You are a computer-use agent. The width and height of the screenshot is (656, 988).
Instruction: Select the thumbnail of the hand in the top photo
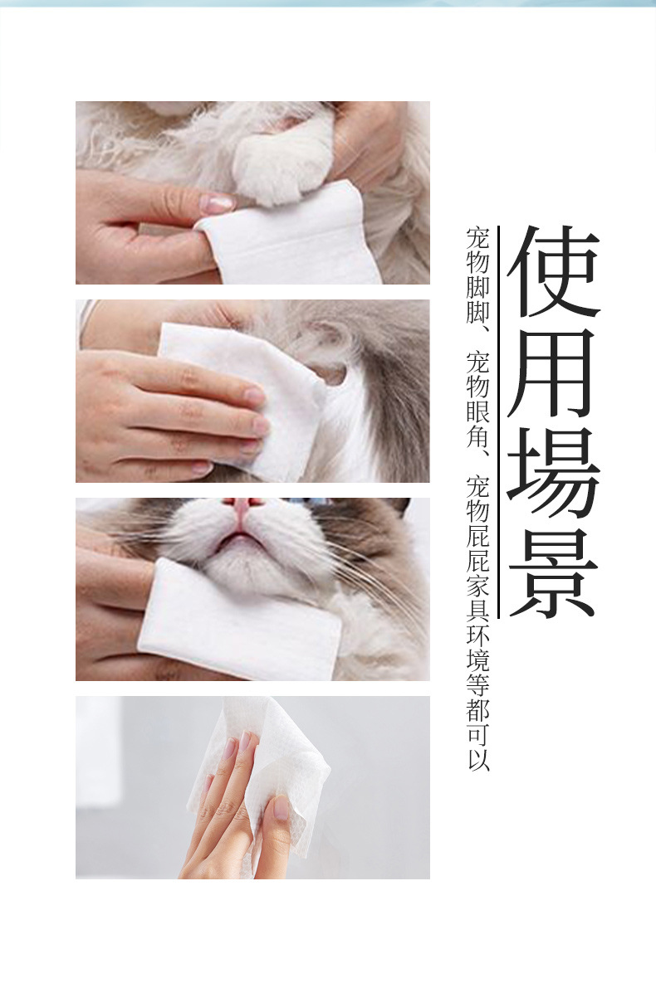pyautogui.click(x=218, y=202)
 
